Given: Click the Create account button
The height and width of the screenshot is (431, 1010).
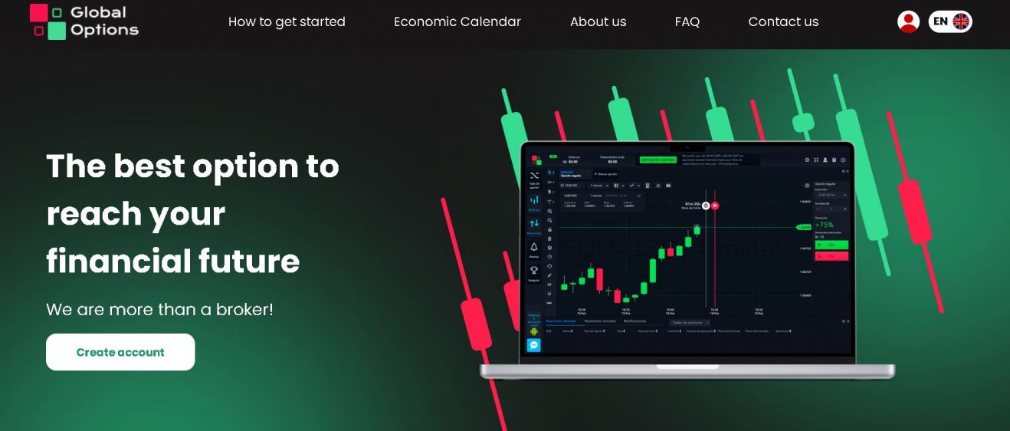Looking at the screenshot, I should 120,352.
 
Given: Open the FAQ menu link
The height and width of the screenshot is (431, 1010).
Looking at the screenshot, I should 687,21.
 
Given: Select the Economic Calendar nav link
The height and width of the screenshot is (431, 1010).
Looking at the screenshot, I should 457,21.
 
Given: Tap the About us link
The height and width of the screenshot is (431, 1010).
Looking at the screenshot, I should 598,21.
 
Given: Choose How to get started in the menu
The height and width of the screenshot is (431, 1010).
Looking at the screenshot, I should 287,21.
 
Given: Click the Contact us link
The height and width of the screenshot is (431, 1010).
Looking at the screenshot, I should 783,21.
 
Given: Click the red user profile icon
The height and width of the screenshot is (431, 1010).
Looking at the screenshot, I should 908,21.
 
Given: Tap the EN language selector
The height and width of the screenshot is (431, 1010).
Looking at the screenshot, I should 950,21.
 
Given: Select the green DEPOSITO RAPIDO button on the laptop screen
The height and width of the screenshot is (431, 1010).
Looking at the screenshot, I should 657,160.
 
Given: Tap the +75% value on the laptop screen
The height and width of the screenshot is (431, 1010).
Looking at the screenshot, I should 825,225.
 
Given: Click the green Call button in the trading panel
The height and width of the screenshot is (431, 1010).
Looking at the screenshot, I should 831,245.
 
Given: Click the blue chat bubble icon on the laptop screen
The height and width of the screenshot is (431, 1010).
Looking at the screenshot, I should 534,345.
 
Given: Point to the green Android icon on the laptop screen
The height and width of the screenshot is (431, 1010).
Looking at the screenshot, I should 534,331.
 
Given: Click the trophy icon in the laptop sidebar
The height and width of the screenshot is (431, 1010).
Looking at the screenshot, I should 534,270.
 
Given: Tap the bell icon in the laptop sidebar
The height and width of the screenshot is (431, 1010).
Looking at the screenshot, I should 534,247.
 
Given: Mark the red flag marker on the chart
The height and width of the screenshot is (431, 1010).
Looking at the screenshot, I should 715,206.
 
